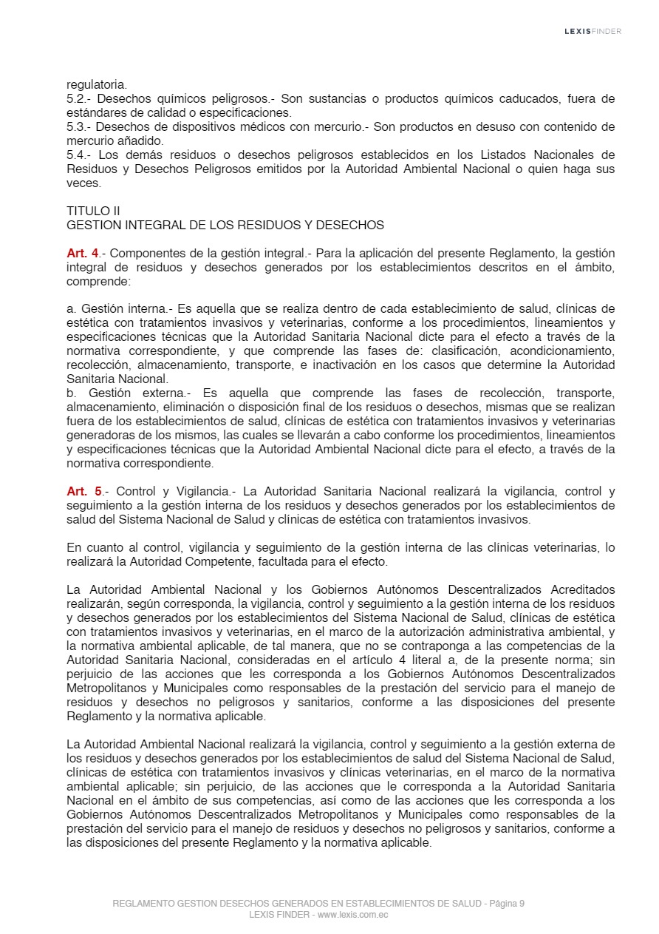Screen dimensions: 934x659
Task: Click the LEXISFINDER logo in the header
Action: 593,31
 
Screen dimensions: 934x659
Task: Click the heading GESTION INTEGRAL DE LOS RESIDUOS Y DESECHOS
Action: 225,225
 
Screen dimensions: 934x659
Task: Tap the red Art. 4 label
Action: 83,254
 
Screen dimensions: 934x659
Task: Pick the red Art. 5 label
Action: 83,491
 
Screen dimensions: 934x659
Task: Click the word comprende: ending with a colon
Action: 98,282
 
